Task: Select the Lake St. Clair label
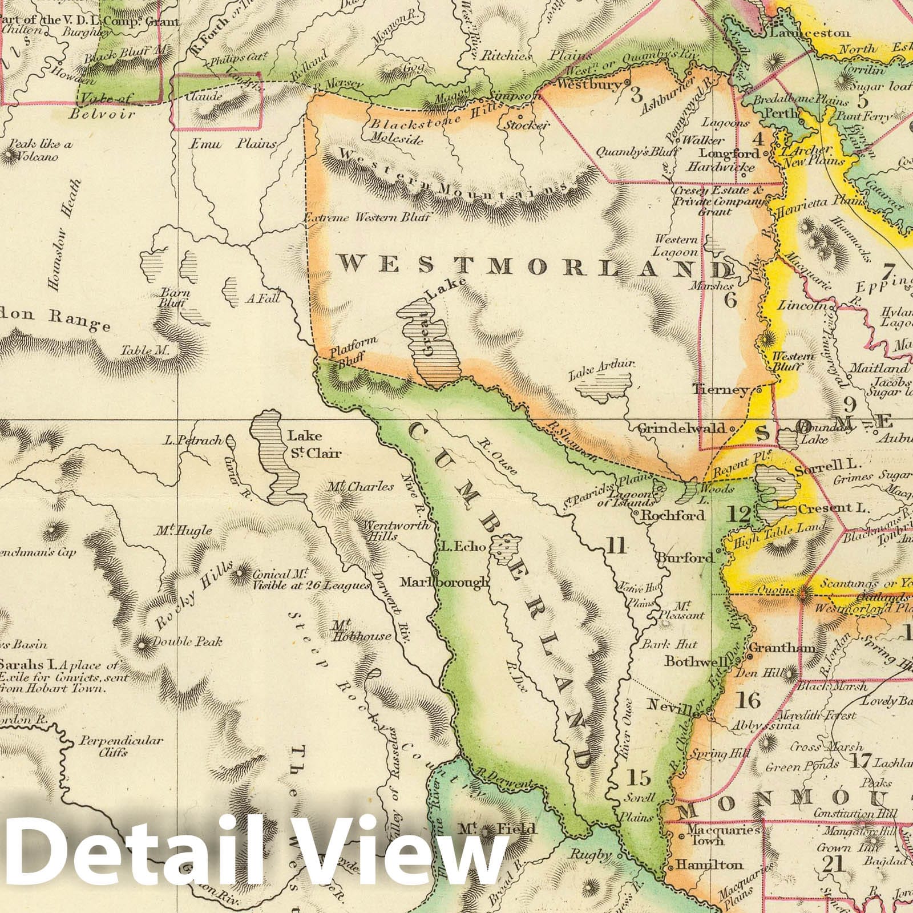305,445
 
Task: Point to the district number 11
615,547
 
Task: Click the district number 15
638,777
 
